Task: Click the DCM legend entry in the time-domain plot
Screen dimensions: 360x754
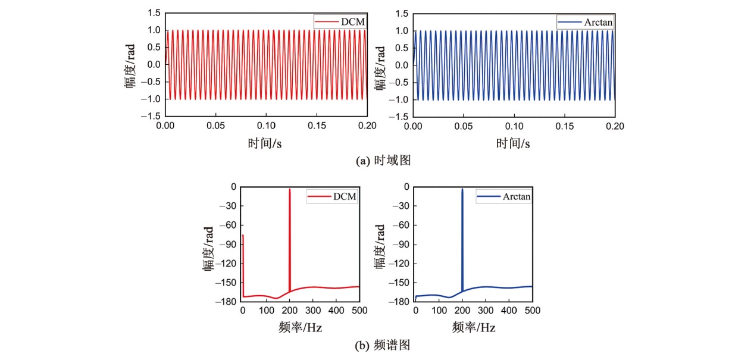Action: (x=340, y=22)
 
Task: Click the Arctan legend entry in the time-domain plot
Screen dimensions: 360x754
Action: (x=586, y=22)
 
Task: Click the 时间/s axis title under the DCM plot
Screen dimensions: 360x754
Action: (x=265, y=143)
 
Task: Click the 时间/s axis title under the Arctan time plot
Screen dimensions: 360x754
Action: (x=514, y=143)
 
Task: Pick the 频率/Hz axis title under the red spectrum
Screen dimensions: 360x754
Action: (x=301, y=327)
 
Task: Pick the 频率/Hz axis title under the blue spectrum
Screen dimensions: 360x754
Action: (x=474, y=327)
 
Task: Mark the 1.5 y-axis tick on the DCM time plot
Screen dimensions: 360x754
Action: (x=154, y=13)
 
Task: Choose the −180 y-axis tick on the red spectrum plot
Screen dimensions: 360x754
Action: (x=228, y=302)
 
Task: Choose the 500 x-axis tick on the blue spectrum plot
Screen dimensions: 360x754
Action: (x=532, y=311)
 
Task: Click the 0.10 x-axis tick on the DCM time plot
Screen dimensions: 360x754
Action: (x=266, y=126)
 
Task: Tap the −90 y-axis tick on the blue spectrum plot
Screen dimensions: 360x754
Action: (x=403, y=245)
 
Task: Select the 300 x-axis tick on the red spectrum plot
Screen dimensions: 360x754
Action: (x=312, y=311)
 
